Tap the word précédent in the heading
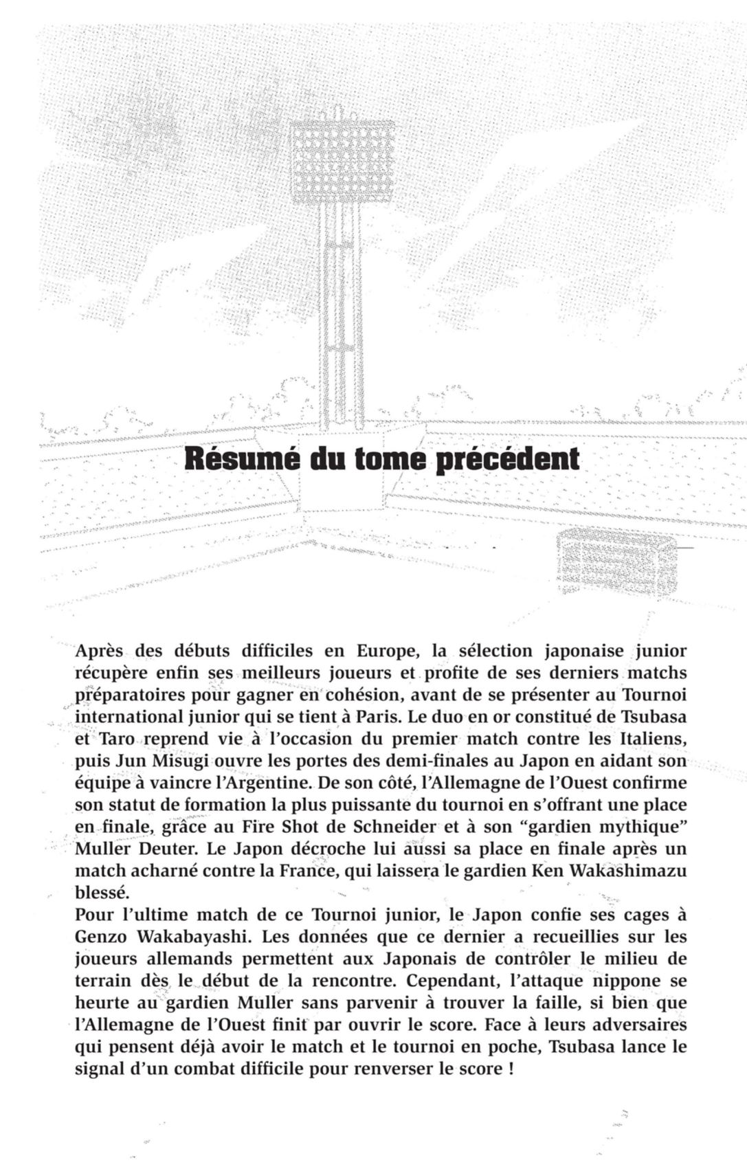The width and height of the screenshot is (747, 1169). click(508, 459)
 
